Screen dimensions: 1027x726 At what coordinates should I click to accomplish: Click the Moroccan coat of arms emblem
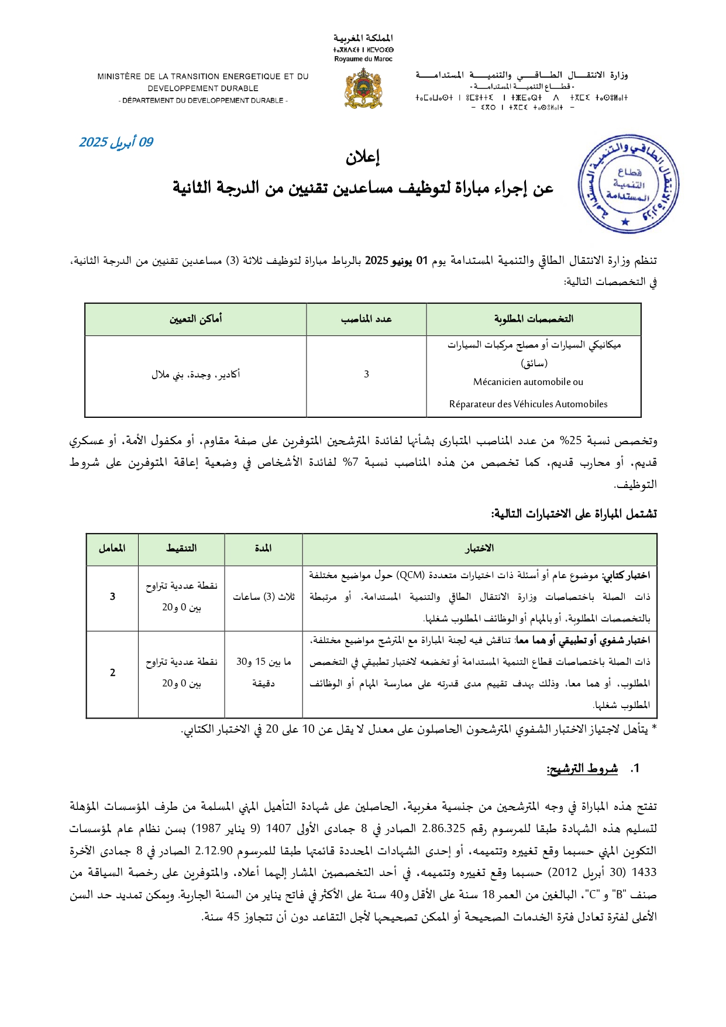[363, 88]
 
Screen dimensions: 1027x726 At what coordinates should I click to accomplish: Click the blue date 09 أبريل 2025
[116, 142]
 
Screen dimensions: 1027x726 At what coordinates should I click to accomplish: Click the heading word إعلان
[363, 157]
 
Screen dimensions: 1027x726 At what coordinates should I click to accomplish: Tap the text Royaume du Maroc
[363, 59]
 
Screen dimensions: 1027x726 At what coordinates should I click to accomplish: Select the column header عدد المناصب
[366, 319]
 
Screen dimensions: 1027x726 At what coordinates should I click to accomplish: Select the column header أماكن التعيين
[195, 319]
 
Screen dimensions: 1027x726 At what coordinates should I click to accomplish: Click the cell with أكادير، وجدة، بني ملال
[195, 375]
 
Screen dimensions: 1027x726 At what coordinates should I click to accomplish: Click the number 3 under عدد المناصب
[366, 375]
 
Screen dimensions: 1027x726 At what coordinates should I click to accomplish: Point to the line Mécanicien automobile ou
[528, 382]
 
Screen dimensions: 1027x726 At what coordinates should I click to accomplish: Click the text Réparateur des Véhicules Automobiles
[528, 404]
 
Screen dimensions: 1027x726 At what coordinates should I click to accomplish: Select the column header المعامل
[112, 548]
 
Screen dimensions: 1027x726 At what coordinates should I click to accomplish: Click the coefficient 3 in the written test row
[112, 597]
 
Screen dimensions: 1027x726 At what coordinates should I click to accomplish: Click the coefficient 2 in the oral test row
[112, 673]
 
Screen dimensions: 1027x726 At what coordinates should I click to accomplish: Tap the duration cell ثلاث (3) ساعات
[263, 597]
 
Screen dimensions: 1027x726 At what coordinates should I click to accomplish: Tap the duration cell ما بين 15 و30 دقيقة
[263, 672]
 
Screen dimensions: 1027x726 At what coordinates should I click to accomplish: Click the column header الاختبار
[479, 548]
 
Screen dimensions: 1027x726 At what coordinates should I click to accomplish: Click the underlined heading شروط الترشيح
[582, 769]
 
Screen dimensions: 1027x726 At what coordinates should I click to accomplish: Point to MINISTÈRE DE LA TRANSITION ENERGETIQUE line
[203, 77]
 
